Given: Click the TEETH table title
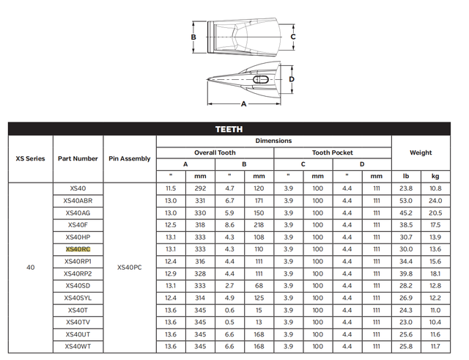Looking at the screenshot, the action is click(229, 129).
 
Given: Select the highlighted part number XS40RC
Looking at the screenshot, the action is click(78, 249).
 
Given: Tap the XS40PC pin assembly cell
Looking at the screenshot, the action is click(130, 268).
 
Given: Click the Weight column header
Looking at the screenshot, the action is click(421, 153).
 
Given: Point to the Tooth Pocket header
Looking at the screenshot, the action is click(333, 153).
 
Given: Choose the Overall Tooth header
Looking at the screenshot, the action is click(215, 153).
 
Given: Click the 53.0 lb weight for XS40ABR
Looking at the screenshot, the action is click(406, 201).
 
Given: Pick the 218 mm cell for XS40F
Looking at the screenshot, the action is click(259, 225).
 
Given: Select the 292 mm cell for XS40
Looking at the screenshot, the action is click(200, 188).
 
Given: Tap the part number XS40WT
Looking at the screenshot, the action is click(78, 347).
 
